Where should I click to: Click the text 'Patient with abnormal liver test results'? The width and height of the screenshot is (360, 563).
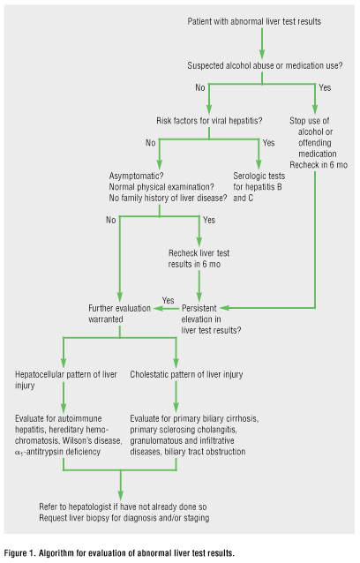pos(254,21)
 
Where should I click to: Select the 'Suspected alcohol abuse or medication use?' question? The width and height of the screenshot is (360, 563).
pos(265,65)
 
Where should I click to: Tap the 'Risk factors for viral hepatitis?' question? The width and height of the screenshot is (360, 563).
pos(209,121)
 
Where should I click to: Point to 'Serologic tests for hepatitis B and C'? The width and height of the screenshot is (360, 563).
pos(259,187)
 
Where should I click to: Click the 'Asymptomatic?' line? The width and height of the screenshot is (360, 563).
pos(137,176)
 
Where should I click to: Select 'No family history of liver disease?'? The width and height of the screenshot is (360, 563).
pos(168,198)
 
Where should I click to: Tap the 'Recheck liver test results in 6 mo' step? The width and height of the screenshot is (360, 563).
pos(199,259)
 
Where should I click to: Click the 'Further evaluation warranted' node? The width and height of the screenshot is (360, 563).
pos(119,313)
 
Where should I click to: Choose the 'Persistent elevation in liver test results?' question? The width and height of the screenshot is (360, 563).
pos(211,319)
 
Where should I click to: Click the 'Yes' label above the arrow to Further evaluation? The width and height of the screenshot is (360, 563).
pos(168,300)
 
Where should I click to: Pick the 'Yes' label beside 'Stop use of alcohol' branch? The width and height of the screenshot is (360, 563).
pos(325,87)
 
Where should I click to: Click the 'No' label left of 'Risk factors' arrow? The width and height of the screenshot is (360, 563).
pos(200,87)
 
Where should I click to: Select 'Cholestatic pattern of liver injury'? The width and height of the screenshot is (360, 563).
pos(186,374)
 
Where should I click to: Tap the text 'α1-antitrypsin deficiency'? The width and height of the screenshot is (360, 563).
pos(57,452)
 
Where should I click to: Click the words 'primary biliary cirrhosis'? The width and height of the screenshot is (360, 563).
pos(216,418)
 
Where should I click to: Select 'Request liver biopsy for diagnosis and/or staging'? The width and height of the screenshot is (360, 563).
pos(124,518)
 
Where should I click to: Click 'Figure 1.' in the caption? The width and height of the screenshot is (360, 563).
pos(19,553)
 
